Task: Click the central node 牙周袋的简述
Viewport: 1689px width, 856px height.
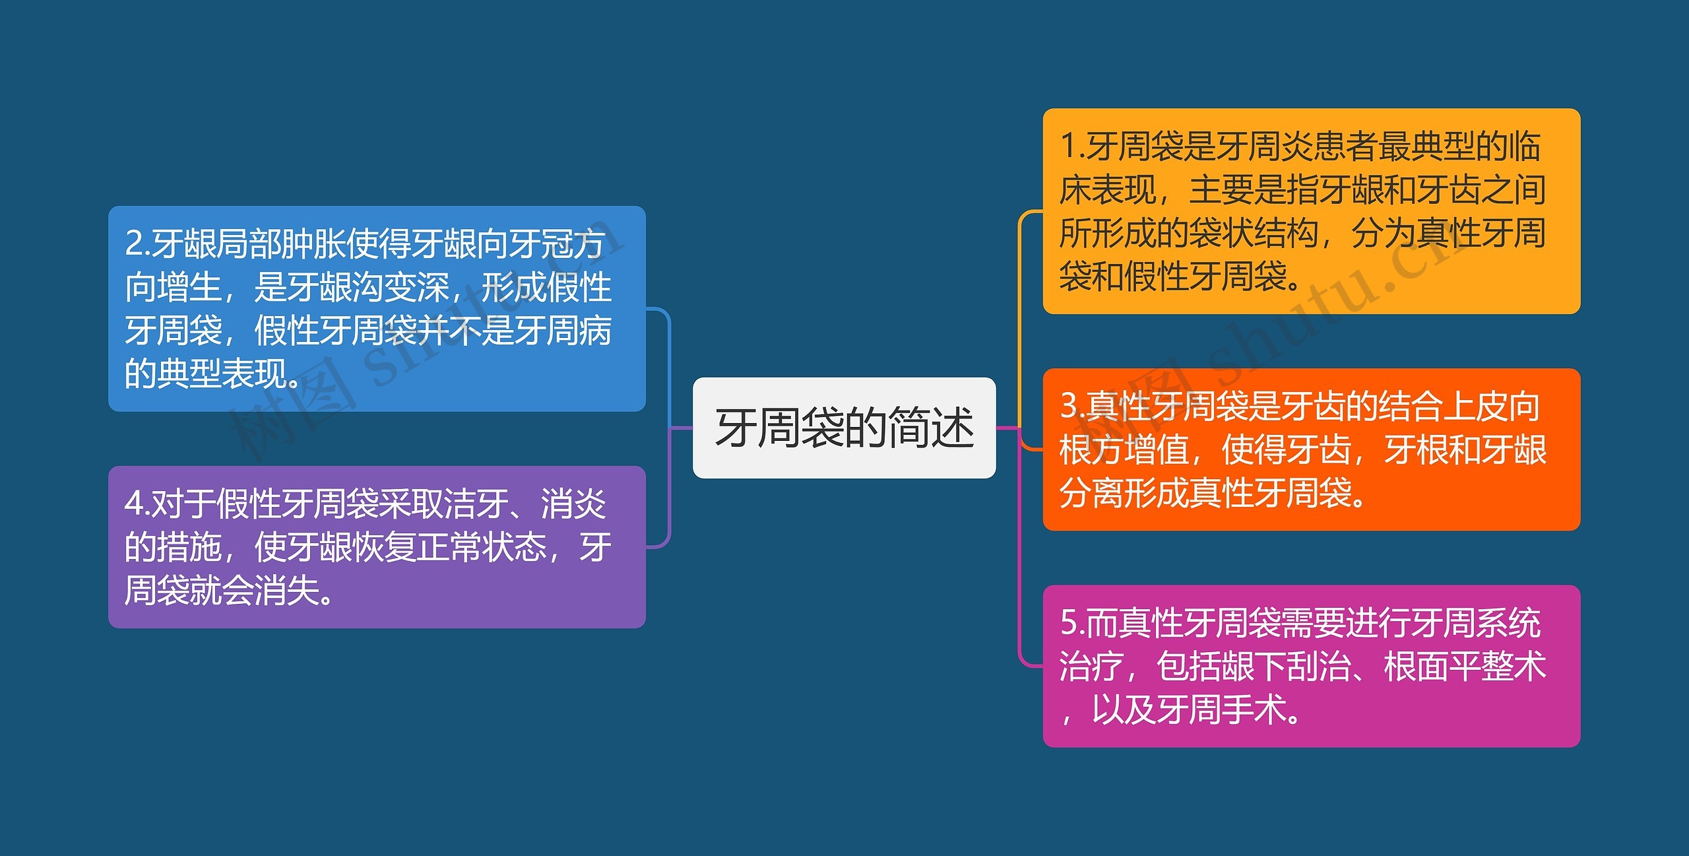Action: (844, 428)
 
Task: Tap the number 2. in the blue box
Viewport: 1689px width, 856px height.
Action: (138, 244)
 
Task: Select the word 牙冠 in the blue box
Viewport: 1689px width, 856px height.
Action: (540, 244)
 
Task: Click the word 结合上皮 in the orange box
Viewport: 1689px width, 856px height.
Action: (1442, 406)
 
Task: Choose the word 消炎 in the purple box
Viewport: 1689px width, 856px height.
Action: (573, 504)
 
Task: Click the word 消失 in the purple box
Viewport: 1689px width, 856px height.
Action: (286, 590)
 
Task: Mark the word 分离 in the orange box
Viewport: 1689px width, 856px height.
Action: (1092, 492)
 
